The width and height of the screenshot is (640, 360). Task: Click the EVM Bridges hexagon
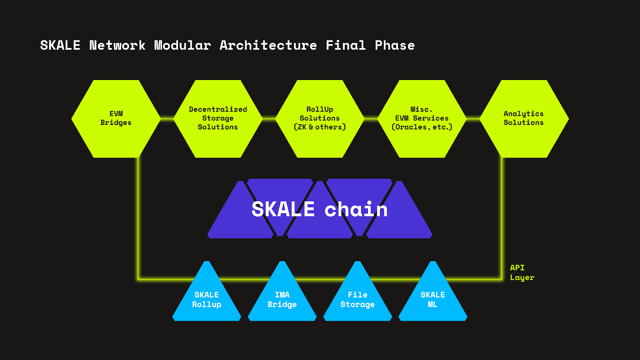[116, 119]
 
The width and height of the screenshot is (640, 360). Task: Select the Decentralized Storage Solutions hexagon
[218, 119]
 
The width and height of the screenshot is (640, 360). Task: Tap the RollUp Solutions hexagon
[320, 119]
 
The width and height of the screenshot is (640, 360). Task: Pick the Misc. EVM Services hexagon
[422, 119]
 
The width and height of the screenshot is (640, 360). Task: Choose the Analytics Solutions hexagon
[524, 119]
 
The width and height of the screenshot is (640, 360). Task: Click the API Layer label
[522, 272]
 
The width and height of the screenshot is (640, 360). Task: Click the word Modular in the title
[182, 45]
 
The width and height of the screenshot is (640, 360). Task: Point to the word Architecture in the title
[268, 45]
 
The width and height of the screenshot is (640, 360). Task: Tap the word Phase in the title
[395, 45]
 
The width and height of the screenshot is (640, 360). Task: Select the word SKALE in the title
[60, 45]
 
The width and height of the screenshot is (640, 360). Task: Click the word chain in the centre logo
[356, 210]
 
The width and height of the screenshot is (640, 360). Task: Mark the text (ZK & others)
[320, 127]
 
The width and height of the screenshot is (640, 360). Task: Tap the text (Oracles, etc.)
[422, 127]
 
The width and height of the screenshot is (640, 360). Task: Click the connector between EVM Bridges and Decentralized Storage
[167, 118]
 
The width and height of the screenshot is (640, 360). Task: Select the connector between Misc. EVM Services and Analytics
[473, 118]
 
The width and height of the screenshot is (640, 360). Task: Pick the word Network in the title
[117, 45]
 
